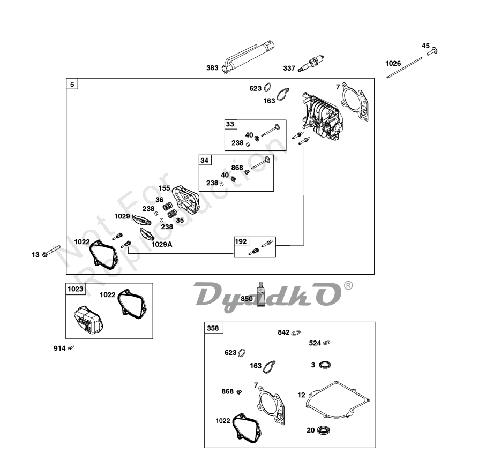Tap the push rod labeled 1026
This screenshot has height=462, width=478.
point(409,69)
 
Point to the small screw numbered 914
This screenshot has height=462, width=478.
point(71,348)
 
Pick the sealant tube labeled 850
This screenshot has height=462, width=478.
point(260,295)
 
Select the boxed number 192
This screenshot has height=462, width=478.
point(242,241)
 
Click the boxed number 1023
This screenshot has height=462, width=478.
point(76,289)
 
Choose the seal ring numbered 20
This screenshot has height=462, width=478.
point(323,429)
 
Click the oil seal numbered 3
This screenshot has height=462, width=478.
point(324,365)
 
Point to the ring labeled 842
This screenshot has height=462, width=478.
point(297,332)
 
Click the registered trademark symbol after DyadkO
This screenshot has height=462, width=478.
point(348,286)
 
